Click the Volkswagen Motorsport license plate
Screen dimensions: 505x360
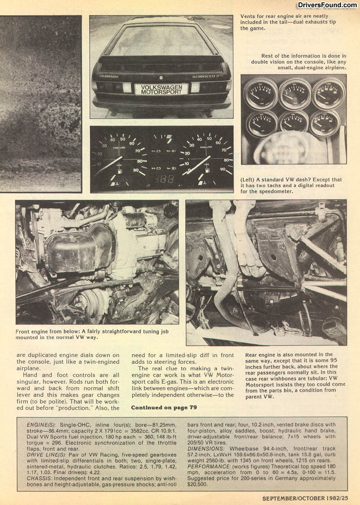(x=161, y=90)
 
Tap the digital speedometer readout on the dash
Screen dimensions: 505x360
(x=161, y=178)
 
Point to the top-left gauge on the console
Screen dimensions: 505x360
(x=260, y=94)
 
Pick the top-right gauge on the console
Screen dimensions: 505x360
(x=328, y=94)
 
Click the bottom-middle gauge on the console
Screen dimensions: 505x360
(x=293, y=124)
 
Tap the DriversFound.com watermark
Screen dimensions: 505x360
(x=327, y=5)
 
